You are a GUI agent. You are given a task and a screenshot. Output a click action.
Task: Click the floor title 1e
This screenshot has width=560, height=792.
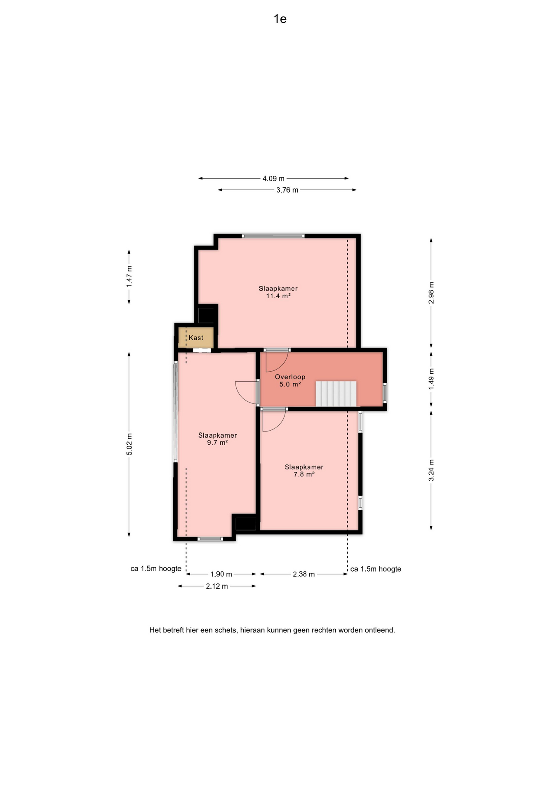pyautogui.click(x=280, y=19)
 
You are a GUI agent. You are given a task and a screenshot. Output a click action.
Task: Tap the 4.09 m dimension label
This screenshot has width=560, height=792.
pyautogui.click(x=273, y=179)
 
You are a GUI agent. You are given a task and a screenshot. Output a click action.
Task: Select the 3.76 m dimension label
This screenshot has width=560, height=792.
pyautogui.click(x=287, y=190)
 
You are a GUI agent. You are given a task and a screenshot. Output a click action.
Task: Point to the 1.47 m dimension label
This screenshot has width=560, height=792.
pyautogui.click(x=129, y=277)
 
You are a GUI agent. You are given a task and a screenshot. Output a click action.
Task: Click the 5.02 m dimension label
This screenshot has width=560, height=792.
pyautogui.click(x=129, y=444)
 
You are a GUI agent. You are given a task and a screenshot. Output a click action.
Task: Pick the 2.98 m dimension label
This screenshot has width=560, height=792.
pyautogui.click(x=431, y=293)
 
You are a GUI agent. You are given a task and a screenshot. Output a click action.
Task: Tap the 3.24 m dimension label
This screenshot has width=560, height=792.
pyautogui.click(x=431, y=470)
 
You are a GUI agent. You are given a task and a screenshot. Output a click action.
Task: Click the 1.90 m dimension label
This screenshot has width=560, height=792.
pyautogui.click(x=221, y=574)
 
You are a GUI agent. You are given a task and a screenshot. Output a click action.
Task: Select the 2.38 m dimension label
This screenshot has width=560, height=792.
pyautogui.click(x=304, y=574)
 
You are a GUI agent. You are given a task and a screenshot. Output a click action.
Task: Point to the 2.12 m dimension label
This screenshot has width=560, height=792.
pyautogui.click(x=217, y=586)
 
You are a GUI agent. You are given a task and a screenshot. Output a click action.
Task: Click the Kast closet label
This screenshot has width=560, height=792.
pyautogui.click(x=196, y=338)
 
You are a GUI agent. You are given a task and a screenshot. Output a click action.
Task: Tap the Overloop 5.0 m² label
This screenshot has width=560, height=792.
pyautogui.click(x=290, y=380)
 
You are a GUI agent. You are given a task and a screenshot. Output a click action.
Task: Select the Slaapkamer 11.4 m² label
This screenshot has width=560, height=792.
pyautogui.click(x=278, y=292)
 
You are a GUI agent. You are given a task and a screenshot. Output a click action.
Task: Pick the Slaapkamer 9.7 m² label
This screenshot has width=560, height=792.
pyautogui.click(x=217, y=439)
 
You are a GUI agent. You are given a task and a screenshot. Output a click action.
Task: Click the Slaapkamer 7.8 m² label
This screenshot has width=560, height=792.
pyautogui.click(x=304, y=471)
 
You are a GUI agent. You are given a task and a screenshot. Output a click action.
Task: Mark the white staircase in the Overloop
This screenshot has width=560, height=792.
pyautogui.click(x=336, y=394)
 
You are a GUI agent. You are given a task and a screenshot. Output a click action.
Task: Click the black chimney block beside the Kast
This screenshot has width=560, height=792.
pyautogui.click(x=207, y=315)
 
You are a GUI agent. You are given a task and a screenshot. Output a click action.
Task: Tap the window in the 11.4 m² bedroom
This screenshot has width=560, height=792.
pyautogui.click(x=273, y=236)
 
